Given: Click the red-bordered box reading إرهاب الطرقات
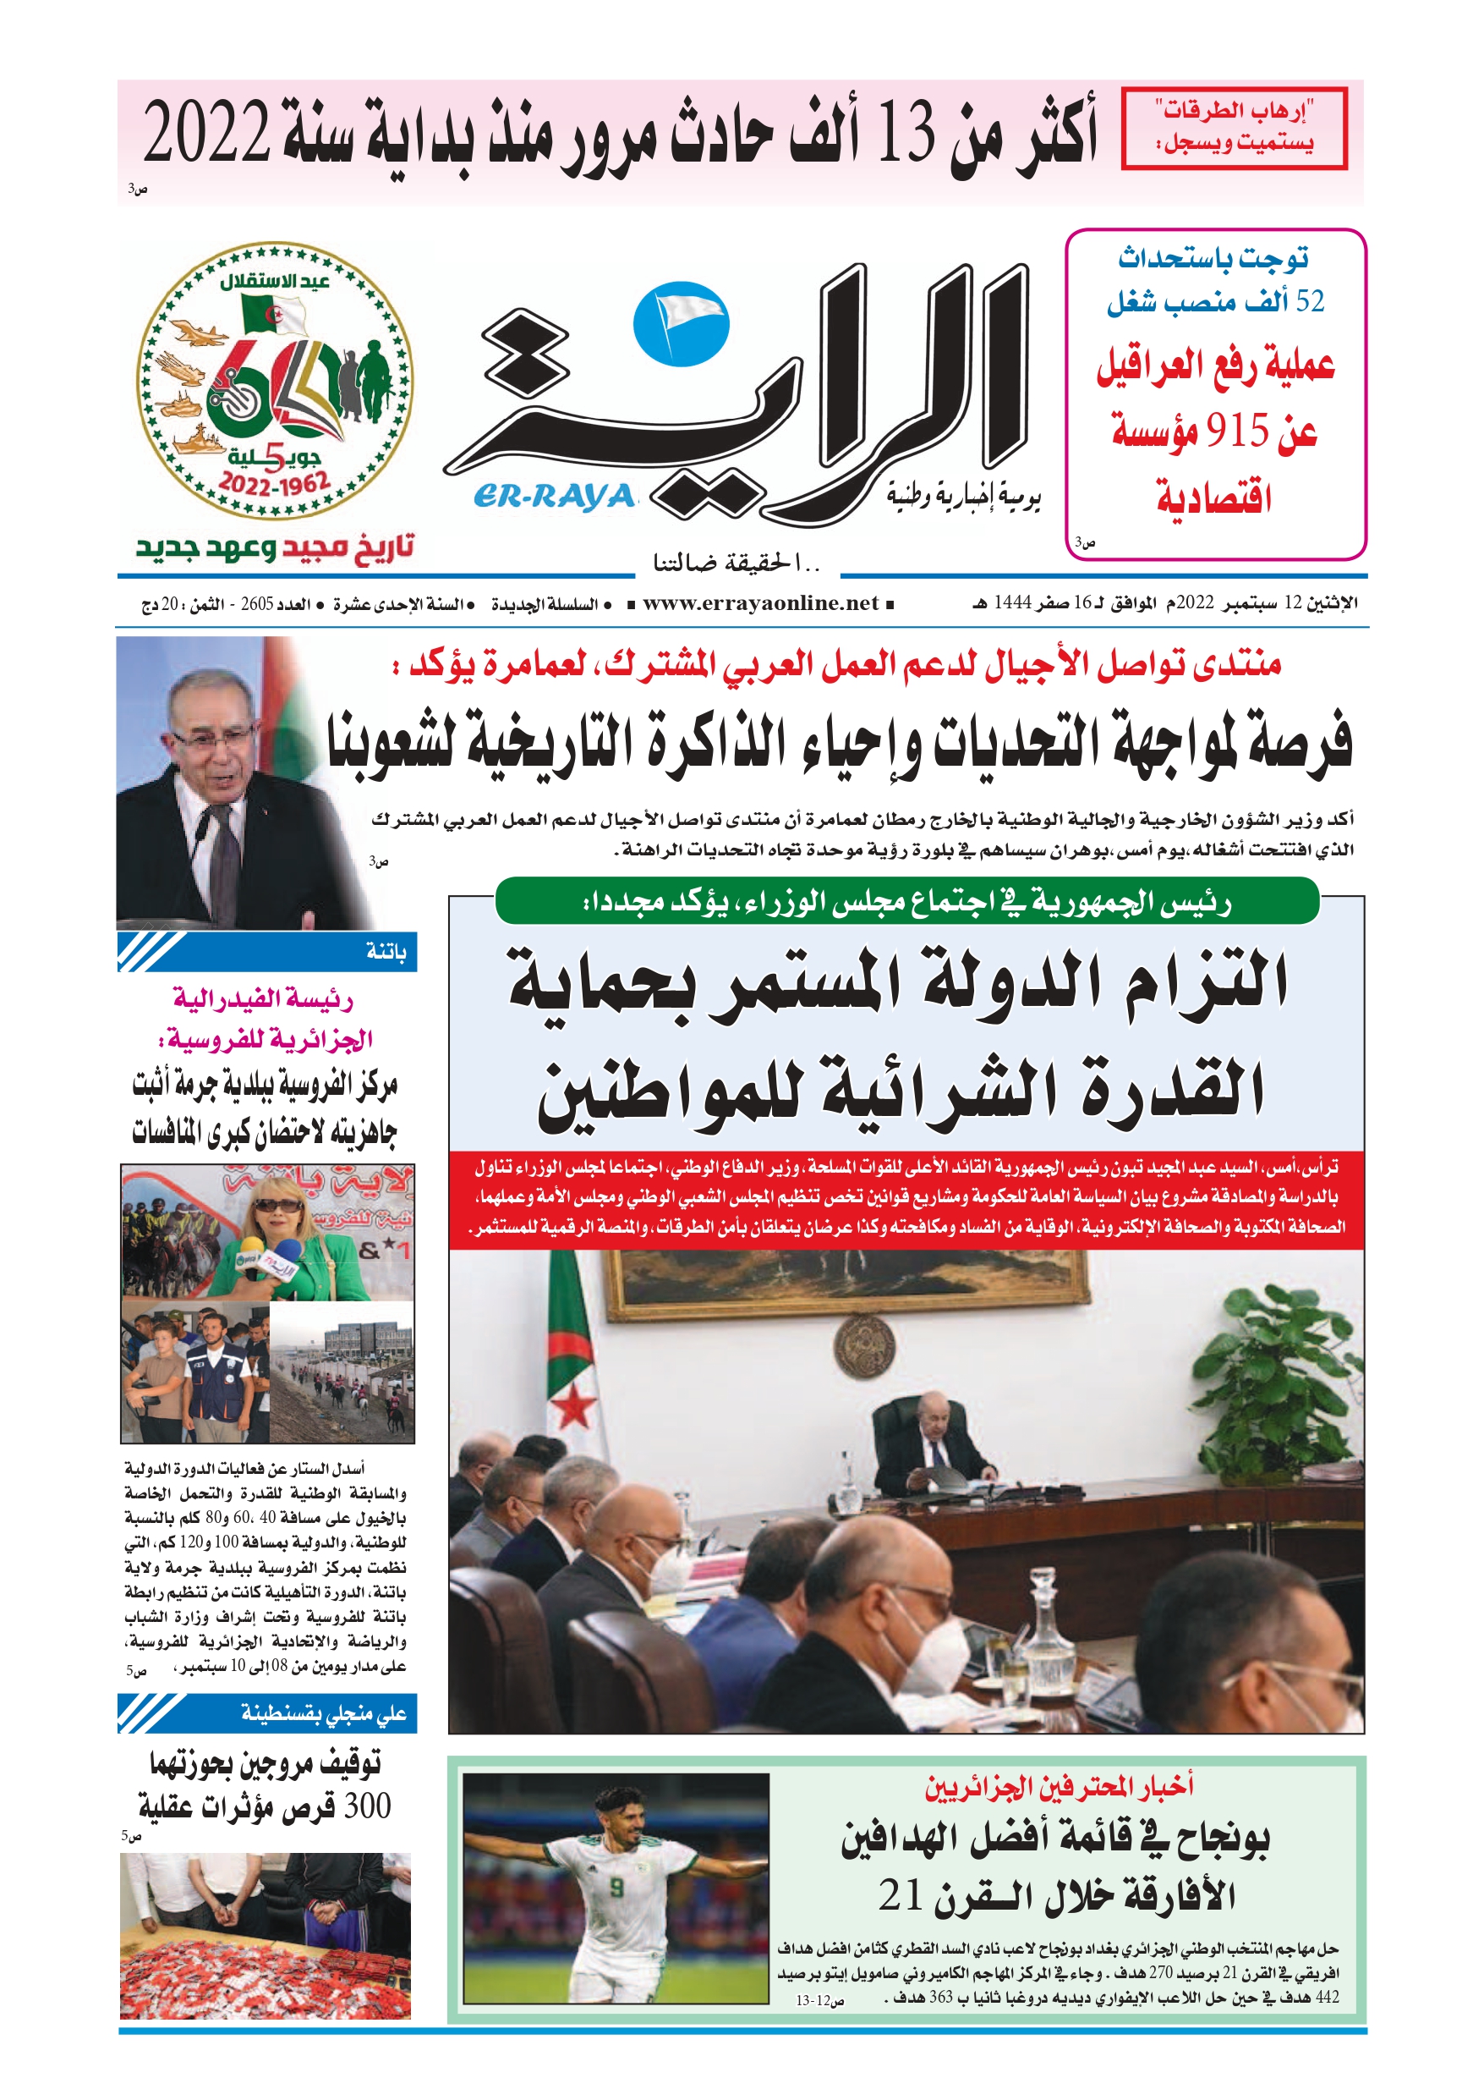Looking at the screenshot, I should pyautogui.click(x=1234, y=128).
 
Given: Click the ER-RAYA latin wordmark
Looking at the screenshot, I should pyautogui.click(x=554, y=496).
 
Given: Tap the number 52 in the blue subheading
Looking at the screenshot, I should pyautogui.click(x=1309, y=301).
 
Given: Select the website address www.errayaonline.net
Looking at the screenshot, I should pyautogui.click(x=761, y=602).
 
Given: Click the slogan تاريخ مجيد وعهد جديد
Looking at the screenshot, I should pyautogui.click(x=274, y=548).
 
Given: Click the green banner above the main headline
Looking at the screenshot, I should pyautogui.click(x=906, y=903).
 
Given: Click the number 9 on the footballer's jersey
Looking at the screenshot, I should pyautogui.click(x=616, y=1887).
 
